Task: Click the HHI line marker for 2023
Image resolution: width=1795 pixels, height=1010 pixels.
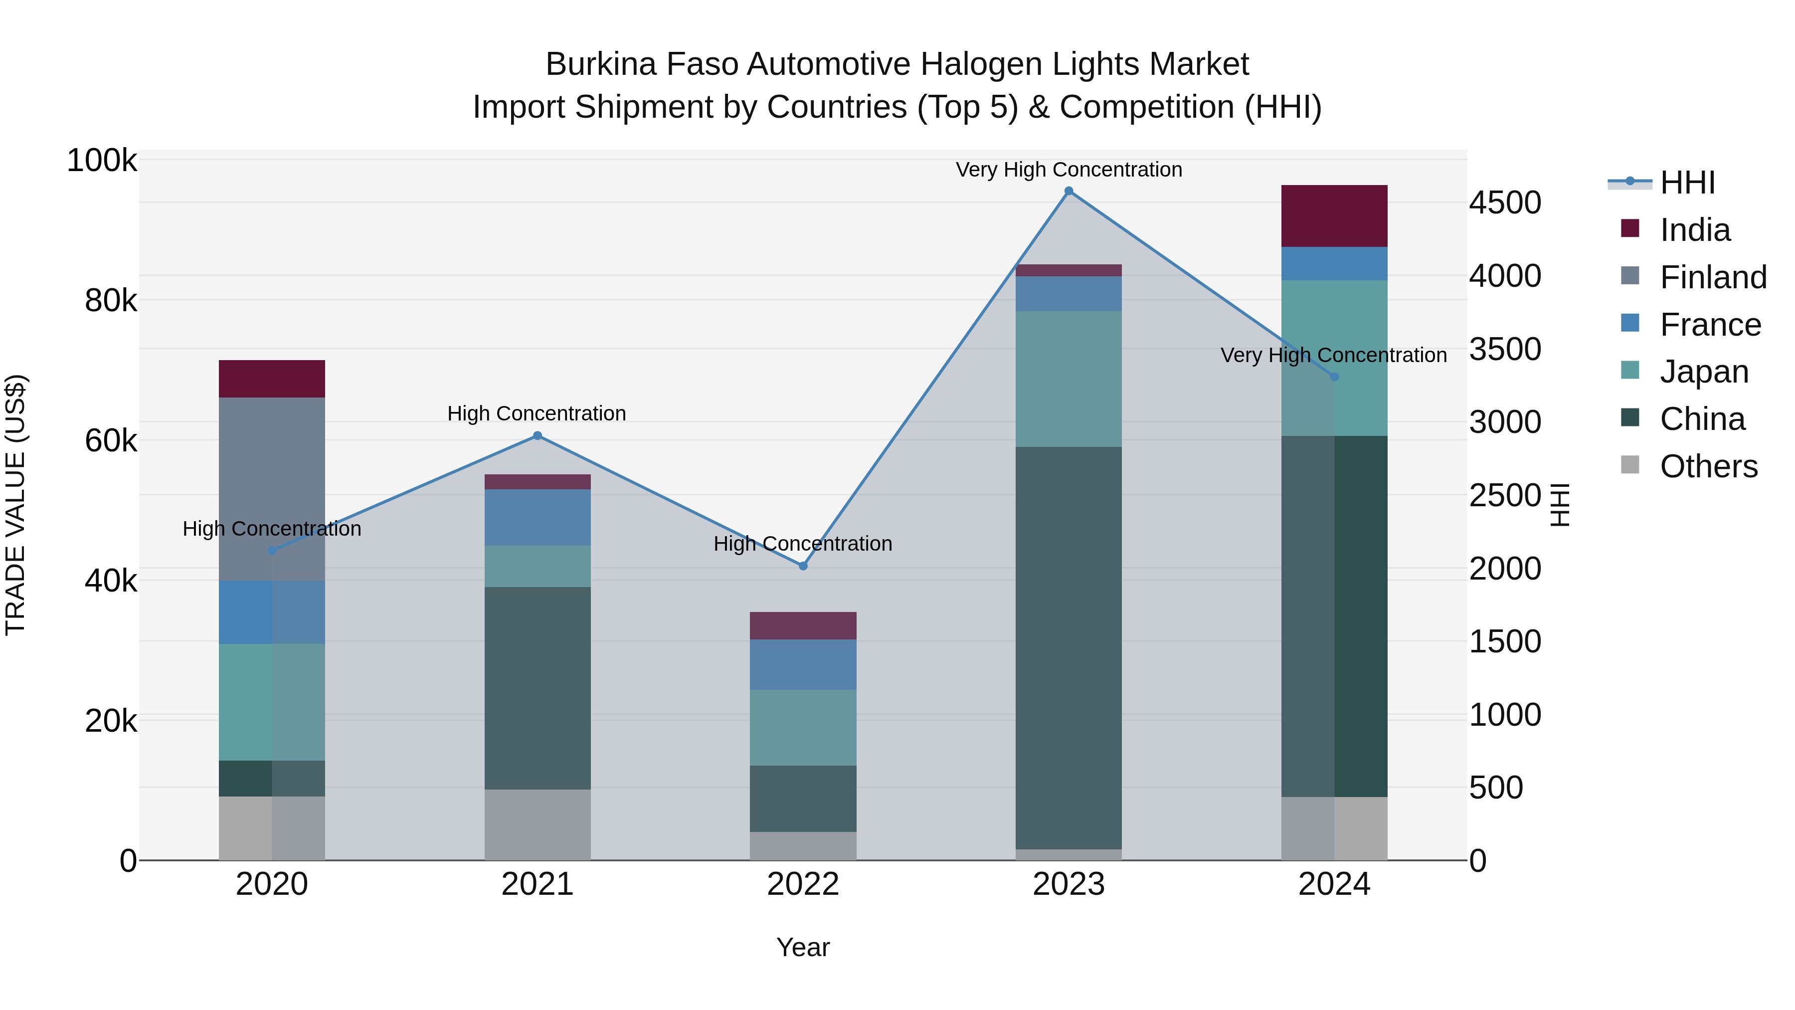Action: pyautogui.click(x=1068, y=191)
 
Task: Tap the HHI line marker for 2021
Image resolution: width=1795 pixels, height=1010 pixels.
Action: pyautogui.click(x=537, y=435)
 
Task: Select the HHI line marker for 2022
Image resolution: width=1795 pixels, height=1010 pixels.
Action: pyautogui.click(x=803, y=566)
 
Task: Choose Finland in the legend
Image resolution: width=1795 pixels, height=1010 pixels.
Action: pyautogui.click(x=1712, y=277)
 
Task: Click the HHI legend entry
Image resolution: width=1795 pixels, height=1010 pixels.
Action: pyautogui.click(x=1686, y=183)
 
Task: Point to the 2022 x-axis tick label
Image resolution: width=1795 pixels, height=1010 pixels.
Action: pyautogui.click(x=803, y=884)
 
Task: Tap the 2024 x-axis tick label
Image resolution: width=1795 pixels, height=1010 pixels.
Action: pyautogui.click(x=1334, y=884)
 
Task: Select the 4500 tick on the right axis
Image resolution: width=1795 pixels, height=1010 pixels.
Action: pyautogui.click(x=1505, y=203)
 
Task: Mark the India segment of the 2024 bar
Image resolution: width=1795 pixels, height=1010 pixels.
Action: pyautogui.click(x=1334, y=216)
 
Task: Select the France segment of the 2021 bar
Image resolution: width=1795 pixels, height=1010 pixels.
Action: pyautogui.click(x=537, y=517)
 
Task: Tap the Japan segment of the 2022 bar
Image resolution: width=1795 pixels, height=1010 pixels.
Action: pyautogui.click(x=803, y=728)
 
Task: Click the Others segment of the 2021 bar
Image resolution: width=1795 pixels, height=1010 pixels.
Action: pyautogui.click(x=537, y=824)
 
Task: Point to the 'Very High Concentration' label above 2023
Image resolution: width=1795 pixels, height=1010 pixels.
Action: pyautogui.click(x=1068, y=170)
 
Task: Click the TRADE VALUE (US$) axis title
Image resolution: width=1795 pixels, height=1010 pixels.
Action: pyautogui.click(x=15, y=505)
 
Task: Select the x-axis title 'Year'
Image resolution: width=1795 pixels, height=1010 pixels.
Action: pyautogui.click(x=803, y=947)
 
